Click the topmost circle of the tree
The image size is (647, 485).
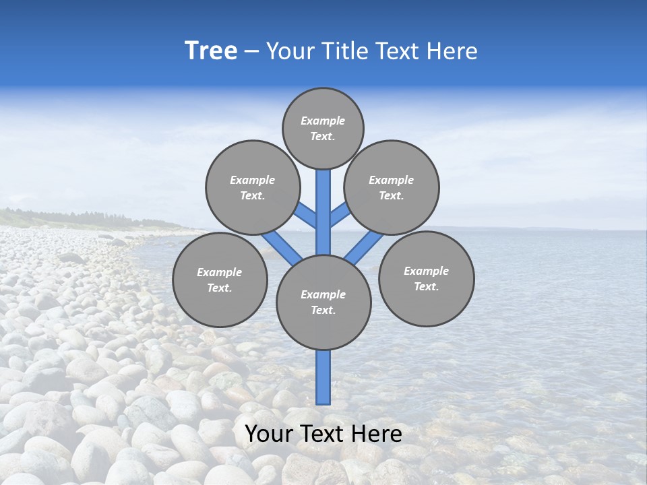pos(323,128)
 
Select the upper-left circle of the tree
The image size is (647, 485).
pos(252,187)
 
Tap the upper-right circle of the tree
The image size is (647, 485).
pos(392,187)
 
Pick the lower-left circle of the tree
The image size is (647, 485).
pos(220,280)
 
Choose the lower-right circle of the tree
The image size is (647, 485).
pos(426,278)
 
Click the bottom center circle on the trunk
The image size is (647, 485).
pos(323,302)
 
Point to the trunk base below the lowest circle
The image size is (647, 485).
pos(323,377)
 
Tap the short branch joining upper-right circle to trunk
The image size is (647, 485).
pos(340,214)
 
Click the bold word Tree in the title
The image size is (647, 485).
pos(211,51)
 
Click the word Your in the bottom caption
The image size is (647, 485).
pos(269,434)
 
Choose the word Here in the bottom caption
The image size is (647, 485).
pos(377,434)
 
